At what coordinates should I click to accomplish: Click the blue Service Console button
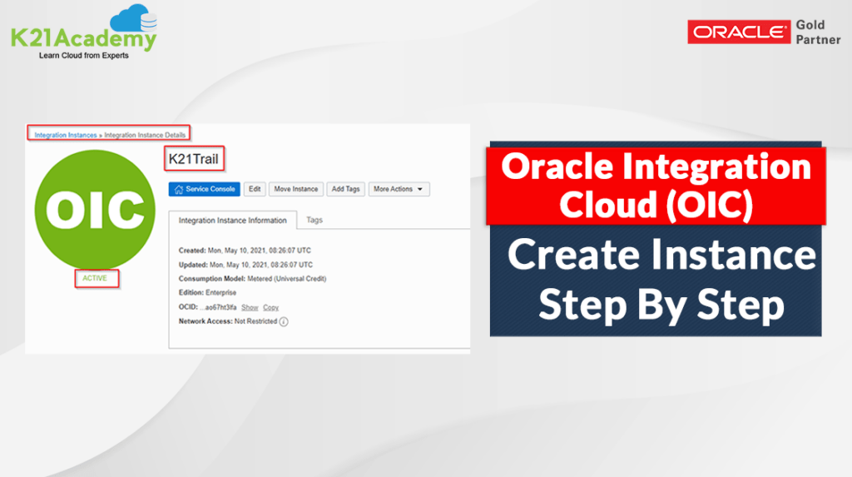pyautogui.click(x=205, y=189)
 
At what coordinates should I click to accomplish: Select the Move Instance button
pyautogui.click(x=296, y=189)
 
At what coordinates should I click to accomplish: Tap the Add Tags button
pyautogui.click(x=345, y=189)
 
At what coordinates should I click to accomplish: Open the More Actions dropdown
pyautogui.click(x=399, y=189)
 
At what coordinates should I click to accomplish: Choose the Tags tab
pyautogui.click(x=315, y=220)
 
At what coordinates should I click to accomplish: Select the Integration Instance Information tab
pyautogui.click(x=233, y=221)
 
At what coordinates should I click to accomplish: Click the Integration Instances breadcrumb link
pyautogui.click(x=66, y=135)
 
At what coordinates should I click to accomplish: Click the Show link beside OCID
pyautogui.click(x=250, y=307)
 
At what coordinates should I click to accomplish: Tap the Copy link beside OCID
pyautogui.click(x=270, y=307)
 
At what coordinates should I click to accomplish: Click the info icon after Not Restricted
pyautogui.click(x=284, y=322)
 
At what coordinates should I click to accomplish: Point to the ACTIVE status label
pyautogui.click(x=95, y=278)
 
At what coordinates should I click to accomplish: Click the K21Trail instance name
pyautogui.click(x=193, y=159)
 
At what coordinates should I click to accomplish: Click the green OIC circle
pyautogui.click(x=95, y=210)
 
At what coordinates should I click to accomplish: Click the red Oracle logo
pyautogui.click(x=739, y=32)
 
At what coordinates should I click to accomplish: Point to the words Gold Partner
pyautogui.click(x=819, y=32)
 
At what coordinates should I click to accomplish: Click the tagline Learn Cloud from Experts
pyautogui.click(x=84, y=56)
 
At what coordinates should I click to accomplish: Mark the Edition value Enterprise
pyautogui.click(x=220, y=293)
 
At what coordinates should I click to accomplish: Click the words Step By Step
pyautogui.click(x=661, y=305)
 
